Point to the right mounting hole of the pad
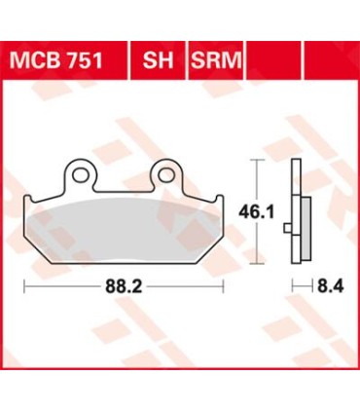(x=166, y=174)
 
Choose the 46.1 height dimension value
(x=256, y=206)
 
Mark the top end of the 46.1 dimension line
(x=256, y=161)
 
